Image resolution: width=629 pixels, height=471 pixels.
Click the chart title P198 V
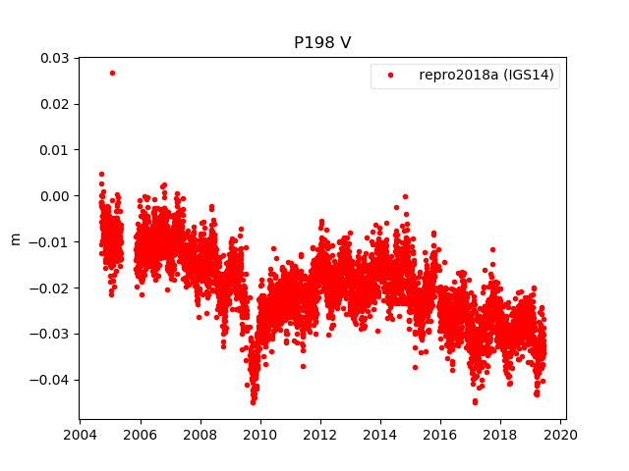[x=322, y=43]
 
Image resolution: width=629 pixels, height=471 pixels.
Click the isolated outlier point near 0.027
[x=112, y=73]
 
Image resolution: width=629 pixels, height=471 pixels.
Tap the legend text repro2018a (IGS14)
[x=488, y=76]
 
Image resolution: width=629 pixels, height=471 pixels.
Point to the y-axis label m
[x=14, y=238]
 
